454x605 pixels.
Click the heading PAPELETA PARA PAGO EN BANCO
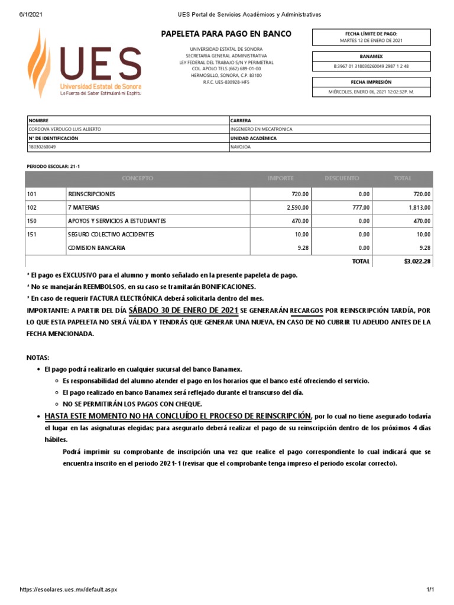tap(226, 34)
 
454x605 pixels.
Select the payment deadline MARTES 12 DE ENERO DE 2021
tap(371, 41)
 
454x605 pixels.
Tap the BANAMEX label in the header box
tap(371, 56)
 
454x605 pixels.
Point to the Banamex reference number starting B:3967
tap(371, 67)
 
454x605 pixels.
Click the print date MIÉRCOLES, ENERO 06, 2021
tap(371, 92)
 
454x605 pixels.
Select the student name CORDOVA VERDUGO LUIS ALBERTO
tap(66, 129)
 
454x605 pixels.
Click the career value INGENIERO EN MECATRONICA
tap(261, 129)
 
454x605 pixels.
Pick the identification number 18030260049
tap(43, 147)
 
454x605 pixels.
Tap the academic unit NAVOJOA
tap(240, 147)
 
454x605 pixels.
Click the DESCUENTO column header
tap(341, 178)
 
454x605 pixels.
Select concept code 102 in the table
tap(32, 207)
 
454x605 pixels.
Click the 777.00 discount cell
tap(361, 207)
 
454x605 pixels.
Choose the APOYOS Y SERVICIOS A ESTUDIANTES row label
tap(117, 221)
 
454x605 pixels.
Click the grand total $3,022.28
tap(417, 261)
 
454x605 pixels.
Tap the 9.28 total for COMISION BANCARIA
tap(424, 248)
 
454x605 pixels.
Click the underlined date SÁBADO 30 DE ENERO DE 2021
tap(183, 310)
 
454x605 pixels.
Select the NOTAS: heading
tap(38, 358)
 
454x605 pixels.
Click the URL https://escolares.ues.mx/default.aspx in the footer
tap(68, 590)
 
